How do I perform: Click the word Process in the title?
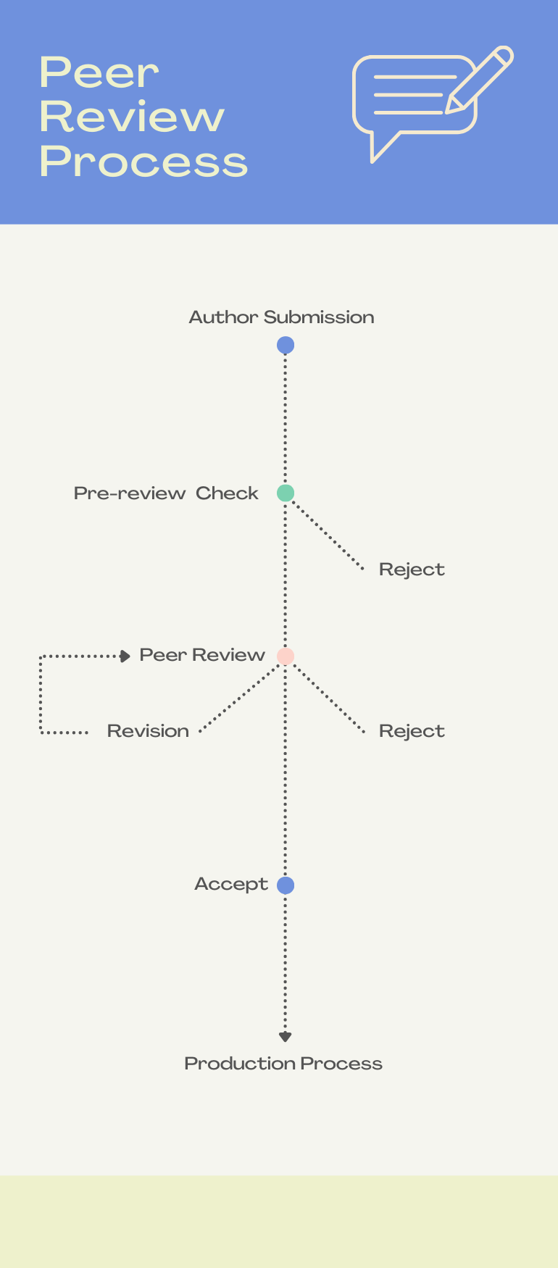pos(143,161)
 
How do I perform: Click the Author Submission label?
pos(281,317)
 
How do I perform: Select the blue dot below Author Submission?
pos(286,346)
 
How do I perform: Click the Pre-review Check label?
pos(166,493)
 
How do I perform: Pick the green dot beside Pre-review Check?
pos(286,493)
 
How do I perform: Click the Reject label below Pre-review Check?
pos(412,570)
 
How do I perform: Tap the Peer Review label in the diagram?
pos(202,655)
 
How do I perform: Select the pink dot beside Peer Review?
pos(286,656)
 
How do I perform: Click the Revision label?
pos(148,731)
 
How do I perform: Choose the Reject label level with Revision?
pos(412,731)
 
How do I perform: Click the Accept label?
pos(231,884)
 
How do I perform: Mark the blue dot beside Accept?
pos(286,885)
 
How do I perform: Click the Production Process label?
pos(283,1064)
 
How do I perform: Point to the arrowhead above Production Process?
pos(286,1037)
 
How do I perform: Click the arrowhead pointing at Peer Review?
pos(125,656)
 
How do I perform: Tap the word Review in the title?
pos(132,117)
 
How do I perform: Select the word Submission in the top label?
pos(319,317)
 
